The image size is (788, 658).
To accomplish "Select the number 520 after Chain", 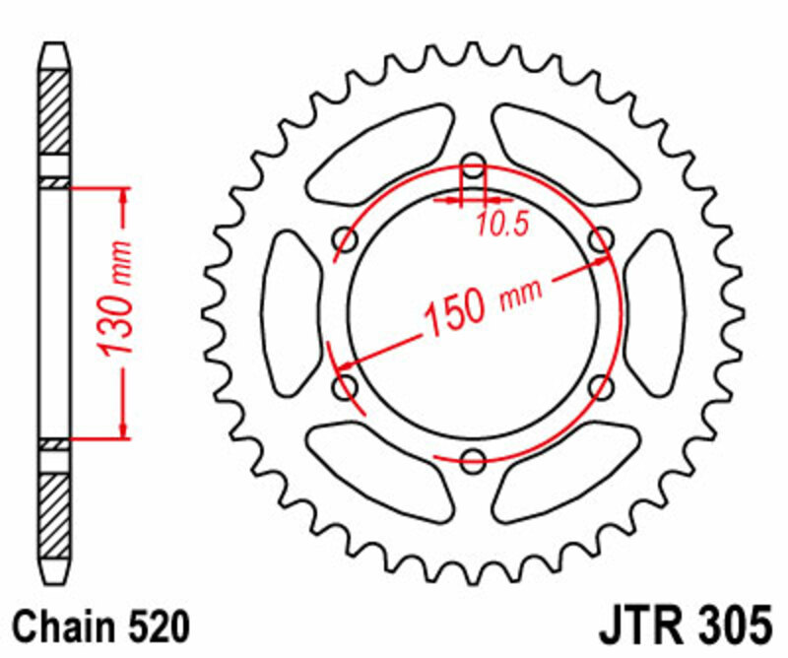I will point(154,625).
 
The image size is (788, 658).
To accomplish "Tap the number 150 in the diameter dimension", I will point(455,312).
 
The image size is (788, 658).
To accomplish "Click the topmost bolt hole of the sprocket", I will point(474,164).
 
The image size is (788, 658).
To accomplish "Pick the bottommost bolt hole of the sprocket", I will point(474,457).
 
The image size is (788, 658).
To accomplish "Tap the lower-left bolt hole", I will point(346,386).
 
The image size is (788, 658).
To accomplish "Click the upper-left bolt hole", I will point(347,238).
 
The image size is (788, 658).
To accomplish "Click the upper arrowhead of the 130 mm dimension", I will point(123,197).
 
